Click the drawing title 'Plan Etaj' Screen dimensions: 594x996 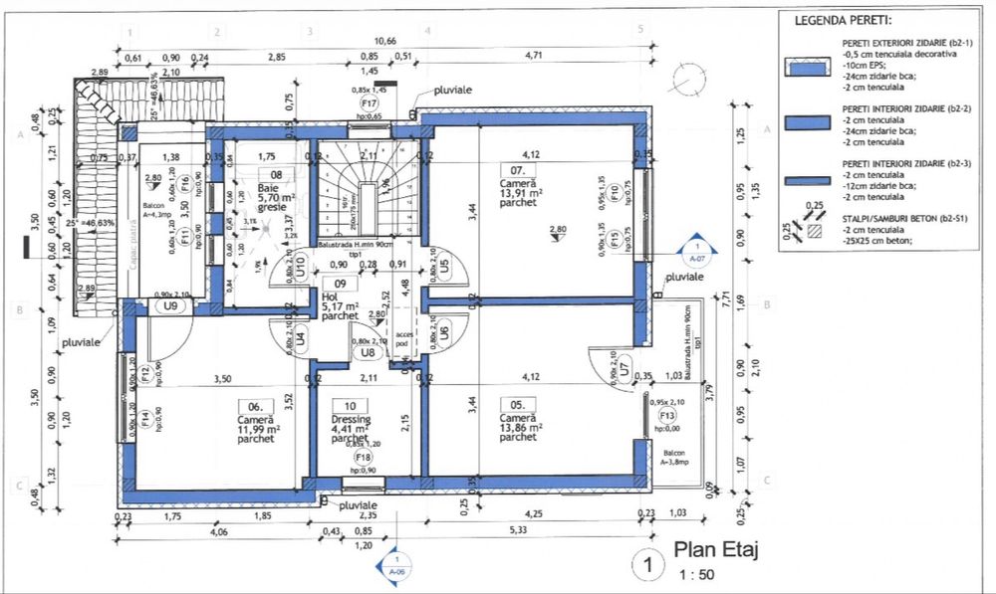(719, 548)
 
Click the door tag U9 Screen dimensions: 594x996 (171, 306)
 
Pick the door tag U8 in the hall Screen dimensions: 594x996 (367, 351)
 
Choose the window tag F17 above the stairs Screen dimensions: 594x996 (370, 103)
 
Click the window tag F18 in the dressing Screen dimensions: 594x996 (364, 457)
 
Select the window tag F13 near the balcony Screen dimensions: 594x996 (667, 416)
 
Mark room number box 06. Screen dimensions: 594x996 (255, 406)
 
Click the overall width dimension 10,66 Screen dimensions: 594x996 (383, 41)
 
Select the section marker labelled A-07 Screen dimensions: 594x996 (697, 249)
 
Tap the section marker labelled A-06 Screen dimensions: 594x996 (395, 564)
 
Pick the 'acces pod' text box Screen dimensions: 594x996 (403, 338)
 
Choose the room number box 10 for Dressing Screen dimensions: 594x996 (350, 406)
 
